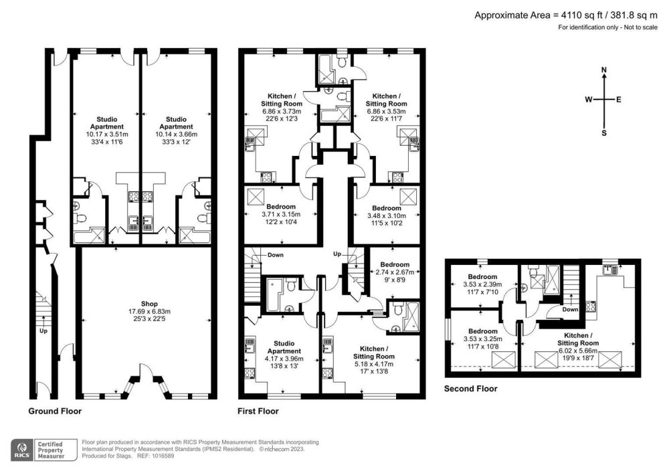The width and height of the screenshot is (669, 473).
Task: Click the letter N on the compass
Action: click(x=604, y=70)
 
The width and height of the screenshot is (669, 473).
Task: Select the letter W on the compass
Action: click(x=589, y=100)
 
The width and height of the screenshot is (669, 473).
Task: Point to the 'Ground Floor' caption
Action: click(x=55, y=411)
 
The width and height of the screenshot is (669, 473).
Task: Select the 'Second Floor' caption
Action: click(x=471, y=388)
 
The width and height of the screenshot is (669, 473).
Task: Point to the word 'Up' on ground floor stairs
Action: click(x=44, y=330)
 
